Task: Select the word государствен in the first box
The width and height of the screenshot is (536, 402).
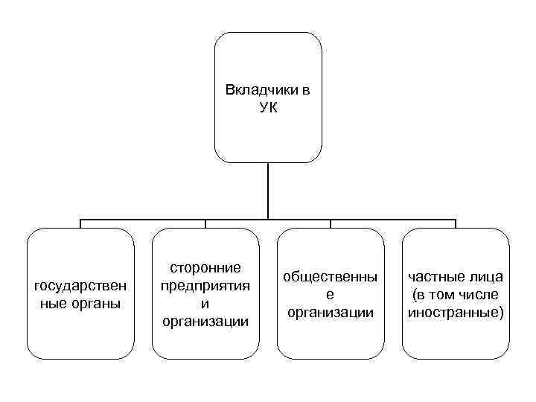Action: pos(80,286)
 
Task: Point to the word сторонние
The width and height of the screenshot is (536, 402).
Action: pos(205,267)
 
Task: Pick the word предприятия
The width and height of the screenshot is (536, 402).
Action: pos(205,285)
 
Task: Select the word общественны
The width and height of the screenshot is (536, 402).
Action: pos(331,277)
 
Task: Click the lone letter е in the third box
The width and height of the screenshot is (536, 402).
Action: pos(331,295)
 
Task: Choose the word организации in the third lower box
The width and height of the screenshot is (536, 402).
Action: pos(331,313)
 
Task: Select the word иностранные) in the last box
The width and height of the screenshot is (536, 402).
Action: pos(456,313)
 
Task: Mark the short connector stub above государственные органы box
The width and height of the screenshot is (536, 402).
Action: pos(80,223)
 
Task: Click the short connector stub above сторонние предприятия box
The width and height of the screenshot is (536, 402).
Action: pos(205,223)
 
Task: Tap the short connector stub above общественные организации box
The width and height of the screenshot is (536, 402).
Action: pos(331,223)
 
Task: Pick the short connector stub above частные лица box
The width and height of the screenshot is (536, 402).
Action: pos(456,223)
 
